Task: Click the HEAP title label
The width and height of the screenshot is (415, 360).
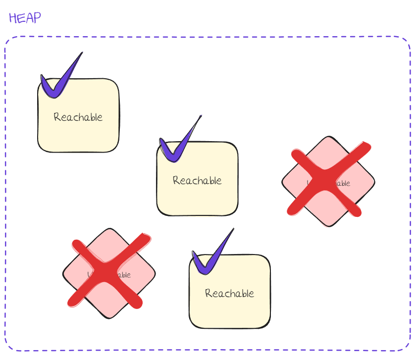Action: pos(25,18)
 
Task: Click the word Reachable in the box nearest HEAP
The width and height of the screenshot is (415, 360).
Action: pos(78,117)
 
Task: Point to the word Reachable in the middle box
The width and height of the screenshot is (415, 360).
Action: pos(197,181)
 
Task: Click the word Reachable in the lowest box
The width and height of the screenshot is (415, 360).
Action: pos(229,294)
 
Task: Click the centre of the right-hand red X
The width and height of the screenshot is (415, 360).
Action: pos(326,180)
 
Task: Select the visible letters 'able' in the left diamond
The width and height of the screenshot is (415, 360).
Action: pos(123,275)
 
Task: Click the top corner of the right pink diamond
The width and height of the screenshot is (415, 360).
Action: pos(328,137)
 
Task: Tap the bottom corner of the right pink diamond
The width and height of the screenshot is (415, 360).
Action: pos(328,226)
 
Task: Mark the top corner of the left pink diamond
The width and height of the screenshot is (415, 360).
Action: pos(109,229)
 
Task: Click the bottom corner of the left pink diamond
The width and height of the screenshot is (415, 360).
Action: pos(109,318)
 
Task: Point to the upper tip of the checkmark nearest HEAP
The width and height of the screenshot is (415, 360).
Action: pos(82,52)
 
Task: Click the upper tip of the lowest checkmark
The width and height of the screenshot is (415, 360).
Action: pos(233,229)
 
